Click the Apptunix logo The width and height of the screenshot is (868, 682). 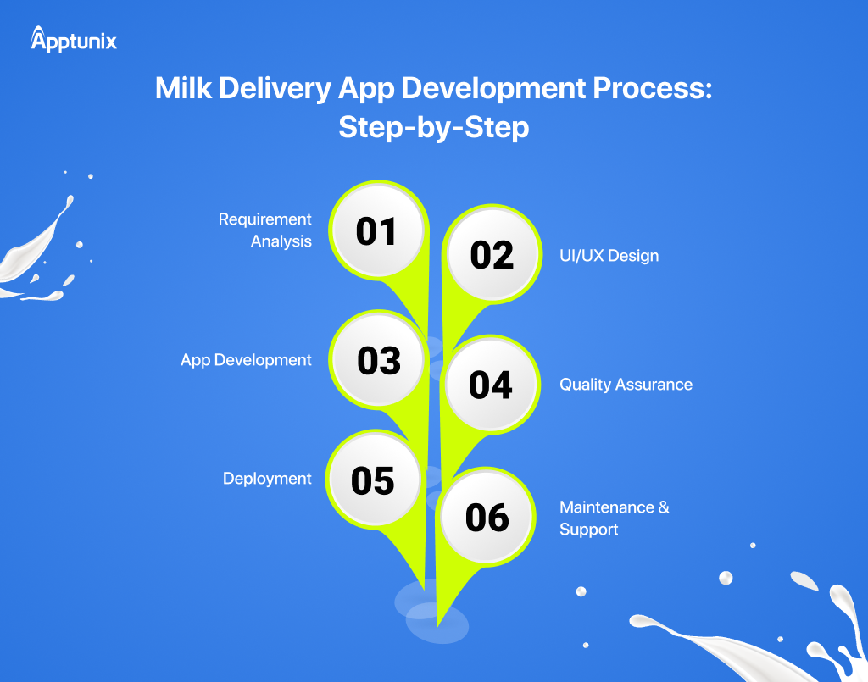(x=74, y=39)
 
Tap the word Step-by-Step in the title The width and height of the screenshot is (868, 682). (x=433, y=126)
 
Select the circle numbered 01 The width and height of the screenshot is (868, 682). (x=376, y=231)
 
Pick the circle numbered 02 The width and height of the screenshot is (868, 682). (x=492, y=255)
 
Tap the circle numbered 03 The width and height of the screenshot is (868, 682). (x=378, y=360)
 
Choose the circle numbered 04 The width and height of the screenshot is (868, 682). (x=491, y=385)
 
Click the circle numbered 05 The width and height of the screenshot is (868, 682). (x=373, y=480)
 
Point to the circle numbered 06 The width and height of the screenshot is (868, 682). (x=487, y=518)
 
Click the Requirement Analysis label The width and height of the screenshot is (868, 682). (x=264, y=230)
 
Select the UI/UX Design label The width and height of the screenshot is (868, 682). (x=609, y=255)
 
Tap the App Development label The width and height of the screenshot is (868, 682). (x=246, y=360)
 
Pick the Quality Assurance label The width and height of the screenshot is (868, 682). (x=626, y=385)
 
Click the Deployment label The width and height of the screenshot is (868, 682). (x=267, y=479)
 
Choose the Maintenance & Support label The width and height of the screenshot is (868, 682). (x=614, y=518)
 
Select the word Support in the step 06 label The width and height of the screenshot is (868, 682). (x=589, y=530)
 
